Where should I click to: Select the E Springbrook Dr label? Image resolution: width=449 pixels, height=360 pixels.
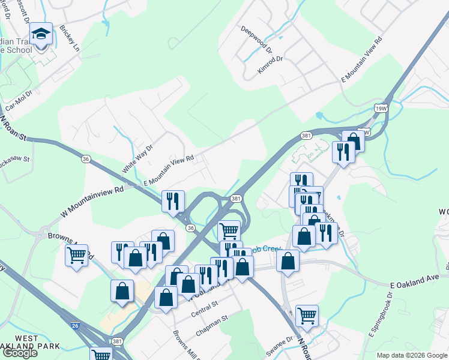381,313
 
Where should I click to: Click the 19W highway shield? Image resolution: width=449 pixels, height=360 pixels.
380,108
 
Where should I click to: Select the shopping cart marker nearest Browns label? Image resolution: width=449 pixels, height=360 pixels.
76,256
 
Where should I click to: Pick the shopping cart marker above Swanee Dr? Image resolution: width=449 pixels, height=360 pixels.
307,315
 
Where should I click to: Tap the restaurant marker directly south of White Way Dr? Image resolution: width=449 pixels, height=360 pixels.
173,201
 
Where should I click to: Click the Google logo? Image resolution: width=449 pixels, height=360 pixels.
20,353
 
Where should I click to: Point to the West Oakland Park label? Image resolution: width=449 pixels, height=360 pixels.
30,341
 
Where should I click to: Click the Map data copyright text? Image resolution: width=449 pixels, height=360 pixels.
412,355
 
